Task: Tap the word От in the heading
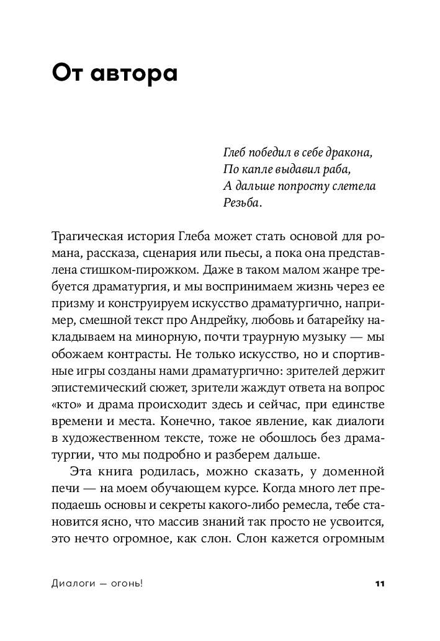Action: pyautogui.click(x=66, y=74)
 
